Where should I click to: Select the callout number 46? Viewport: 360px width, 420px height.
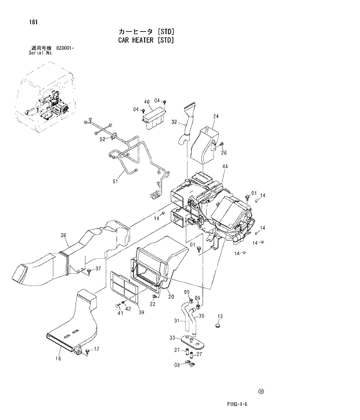pyautogui.click(x=147, y=102)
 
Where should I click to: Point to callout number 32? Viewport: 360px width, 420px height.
pyautogui.click(x=174, y=122)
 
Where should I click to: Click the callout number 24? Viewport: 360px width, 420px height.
pyautogui.click(x=215, y=117)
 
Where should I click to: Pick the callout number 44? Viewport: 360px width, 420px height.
pyautogui.click(x=225, y=167)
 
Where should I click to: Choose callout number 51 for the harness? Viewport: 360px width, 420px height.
pyautogui.click(x=115, y=182)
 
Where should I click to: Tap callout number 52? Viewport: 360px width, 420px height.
pyautogui.click(x=102, y=139)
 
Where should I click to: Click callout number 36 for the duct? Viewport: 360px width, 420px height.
pyautogui.click(x=63, y=235)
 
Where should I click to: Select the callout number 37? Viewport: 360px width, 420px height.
pyautogui.click(x=98, y=269)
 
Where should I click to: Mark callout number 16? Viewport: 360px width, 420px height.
pyautogui.click(x=58, y=359)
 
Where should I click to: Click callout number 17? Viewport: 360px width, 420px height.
pyautogui.click(x=96, y=349)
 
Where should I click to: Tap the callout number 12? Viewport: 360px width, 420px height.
pyautogui.click(x=219, y=316)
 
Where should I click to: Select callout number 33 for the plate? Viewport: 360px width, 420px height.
pyautogui.click(x=172, y=338)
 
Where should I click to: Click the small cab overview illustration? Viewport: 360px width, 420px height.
pyautogui.click(x=46, y=102)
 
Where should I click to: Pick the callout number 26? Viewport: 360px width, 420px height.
pyautogui.click(x=224, y=153)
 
